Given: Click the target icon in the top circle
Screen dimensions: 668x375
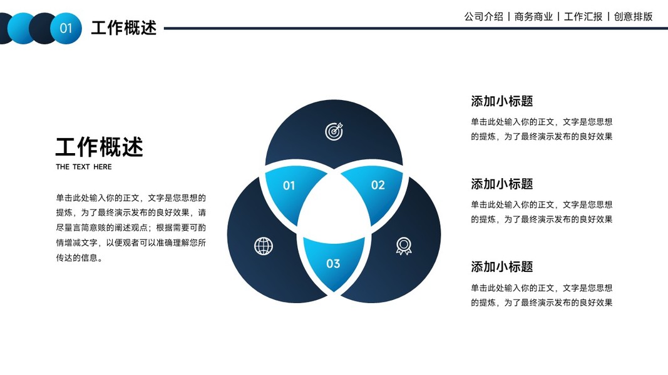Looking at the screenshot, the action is tap(334, 131).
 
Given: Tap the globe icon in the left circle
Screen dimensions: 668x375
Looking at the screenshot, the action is tap(264, 246).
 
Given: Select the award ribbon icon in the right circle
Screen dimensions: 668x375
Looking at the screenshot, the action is tap(404, 246).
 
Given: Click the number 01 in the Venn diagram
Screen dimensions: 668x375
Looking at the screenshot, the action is tap(289, 186).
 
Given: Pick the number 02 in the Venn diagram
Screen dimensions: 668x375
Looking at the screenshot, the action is tap(378, 185).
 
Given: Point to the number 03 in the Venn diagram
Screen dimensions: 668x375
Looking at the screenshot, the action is tap(333, 264).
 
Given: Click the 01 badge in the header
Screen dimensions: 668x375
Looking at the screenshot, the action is tap(66, 28).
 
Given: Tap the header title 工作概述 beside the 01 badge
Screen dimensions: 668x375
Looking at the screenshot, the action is tap(123, 28).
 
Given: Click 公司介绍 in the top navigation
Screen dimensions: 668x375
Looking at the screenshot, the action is tap(483, 17).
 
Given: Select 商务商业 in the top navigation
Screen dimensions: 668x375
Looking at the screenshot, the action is tap(533, 17).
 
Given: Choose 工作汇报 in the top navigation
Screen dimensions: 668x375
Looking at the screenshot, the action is tap(583, 17).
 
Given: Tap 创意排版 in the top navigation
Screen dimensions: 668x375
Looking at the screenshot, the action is tap(633, 17).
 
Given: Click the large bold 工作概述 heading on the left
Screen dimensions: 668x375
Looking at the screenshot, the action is tap(99, 147).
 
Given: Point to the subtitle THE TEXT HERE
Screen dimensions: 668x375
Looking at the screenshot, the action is tap(84, 167).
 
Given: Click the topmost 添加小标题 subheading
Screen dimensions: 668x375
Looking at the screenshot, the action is tap(501, 101).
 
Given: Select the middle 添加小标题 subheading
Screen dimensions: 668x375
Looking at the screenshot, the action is tap(501, 184).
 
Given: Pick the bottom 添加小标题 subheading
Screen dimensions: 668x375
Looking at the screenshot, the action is tap(501, 267).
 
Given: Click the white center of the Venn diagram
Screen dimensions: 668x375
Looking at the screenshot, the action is tap(334, 206).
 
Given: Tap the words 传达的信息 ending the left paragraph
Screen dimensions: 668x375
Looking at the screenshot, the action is tap(76, 257).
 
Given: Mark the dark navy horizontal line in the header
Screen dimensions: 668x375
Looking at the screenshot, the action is tap(407, 28).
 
